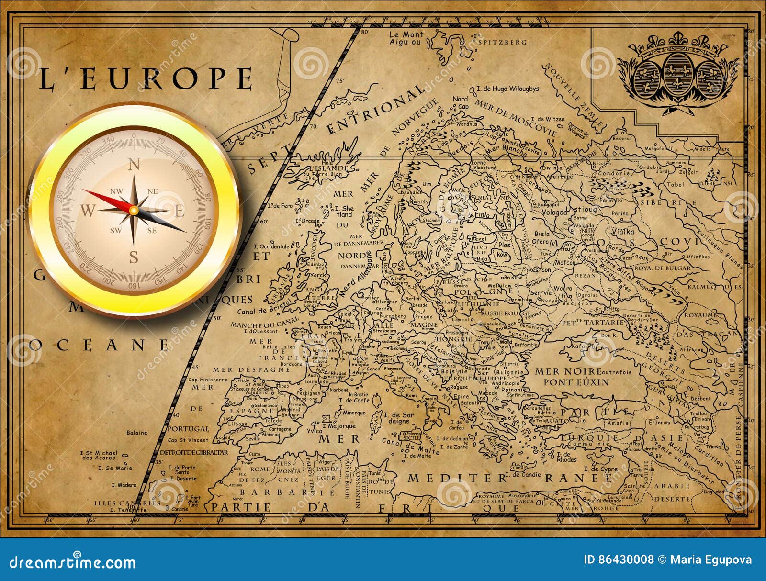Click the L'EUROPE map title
145,79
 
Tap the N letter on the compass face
134,165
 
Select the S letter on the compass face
134,257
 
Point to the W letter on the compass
88,210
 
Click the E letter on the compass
180,211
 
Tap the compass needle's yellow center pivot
134,211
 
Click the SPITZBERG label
503,42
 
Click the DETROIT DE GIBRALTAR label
193,452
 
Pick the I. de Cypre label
605,469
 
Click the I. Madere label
124,485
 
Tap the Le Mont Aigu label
406,38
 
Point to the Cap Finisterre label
208,380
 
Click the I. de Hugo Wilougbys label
508,89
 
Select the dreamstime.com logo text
73,562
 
